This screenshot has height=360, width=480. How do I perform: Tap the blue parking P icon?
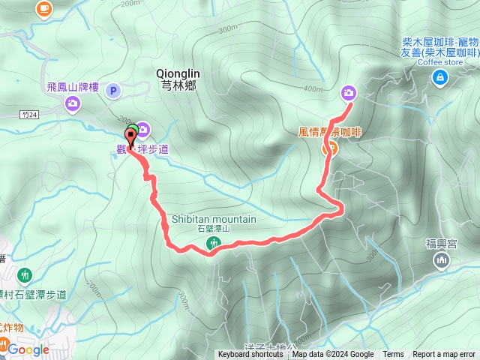point(113,91)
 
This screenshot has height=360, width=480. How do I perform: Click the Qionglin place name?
point(177,73)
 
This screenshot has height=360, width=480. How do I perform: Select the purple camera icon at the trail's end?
point(349,93)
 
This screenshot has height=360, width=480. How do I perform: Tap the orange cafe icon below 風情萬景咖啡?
point(328,148)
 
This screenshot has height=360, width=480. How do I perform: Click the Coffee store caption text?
point(439,62)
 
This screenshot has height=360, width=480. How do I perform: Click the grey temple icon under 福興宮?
point(441,260)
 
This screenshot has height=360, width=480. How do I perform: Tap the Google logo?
point(28,349)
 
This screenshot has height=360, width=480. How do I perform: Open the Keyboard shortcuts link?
point(250,355)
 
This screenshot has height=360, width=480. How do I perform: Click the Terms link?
point(393,355)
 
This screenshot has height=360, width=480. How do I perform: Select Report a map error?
point(444,355)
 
